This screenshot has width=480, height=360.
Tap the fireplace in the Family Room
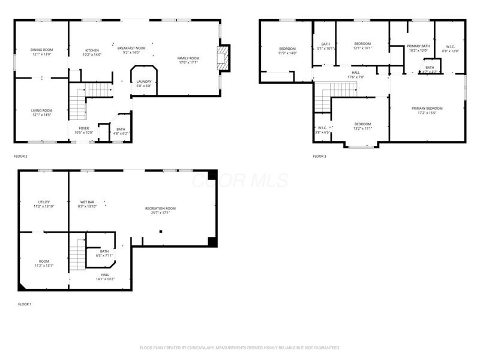[x=224, y=58]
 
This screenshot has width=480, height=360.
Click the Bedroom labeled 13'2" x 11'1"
[x=362, y=125]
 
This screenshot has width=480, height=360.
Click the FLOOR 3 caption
[x=319, y=157]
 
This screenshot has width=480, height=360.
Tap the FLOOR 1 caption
[x=25, y=304]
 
